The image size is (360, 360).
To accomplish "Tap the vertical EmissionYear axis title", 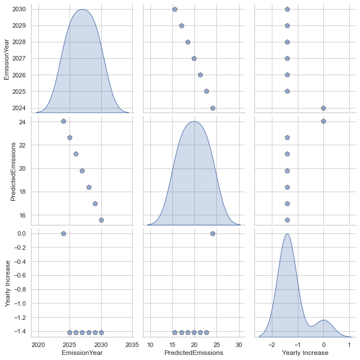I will tap(7, 58).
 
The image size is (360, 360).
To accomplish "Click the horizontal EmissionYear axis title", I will tap(85, 353).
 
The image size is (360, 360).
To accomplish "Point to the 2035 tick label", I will tap(132, 344).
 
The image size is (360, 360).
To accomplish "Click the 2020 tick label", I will tap(38, 344).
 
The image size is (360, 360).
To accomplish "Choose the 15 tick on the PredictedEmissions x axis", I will tap(172, 344).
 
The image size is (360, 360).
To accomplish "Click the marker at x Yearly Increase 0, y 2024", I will tap(323, 108).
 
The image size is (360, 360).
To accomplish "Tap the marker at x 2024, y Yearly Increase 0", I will tap(63, 233).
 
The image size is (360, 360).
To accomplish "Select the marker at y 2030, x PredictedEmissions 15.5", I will tap(175, 9).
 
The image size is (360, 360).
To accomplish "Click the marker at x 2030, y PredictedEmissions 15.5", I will tap(101, 220).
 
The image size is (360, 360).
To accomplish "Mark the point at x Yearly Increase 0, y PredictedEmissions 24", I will tap(323, 121).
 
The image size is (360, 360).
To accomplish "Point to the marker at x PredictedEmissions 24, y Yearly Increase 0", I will tap(212, 233).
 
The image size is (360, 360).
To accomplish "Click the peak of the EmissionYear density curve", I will tap(83, 10).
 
